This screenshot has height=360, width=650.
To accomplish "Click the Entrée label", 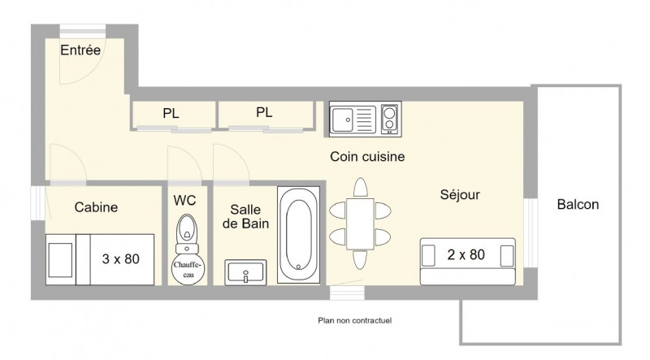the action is coord(80,50).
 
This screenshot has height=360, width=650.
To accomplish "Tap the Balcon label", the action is coord(578,205).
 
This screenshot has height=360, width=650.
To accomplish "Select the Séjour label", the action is coord(460,194).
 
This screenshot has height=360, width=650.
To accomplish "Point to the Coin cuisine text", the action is coord(367,157).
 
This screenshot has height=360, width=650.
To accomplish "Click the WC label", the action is coord(185,201).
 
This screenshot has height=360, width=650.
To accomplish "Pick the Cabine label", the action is coord(96,207).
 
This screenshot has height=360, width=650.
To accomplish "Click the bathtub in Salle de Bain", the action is coord(298,235).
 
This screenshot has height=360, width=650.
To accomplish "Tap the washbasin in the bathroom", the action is coord(245,272).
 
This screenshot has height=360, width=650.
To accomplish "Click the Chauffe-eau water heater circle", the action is coord(188,269).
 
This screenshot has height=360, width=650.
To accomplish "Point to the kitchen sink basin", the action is coord(342,119).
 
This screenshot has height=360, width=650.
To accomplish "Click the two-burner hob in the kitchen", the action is coord(389,119).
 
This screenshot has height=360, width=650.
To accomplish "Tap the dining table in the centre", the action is coord(360,224).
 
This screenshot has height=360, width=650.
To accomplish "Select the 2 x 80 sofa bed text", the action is coord(466,254).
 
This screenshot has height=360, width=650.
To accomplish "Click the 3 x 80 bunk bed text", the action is coord(120,259).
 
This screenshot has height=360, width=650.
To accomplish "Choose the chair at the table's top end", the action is coord(361,188).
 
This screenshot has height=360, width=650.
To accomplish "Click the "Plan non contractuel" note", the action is coord(355,320).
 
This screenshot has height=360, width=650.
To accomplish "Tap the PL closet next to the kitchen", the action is coord(266,115).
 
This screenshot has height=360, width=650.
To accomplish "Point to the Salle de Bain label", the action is coord(246,216).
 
